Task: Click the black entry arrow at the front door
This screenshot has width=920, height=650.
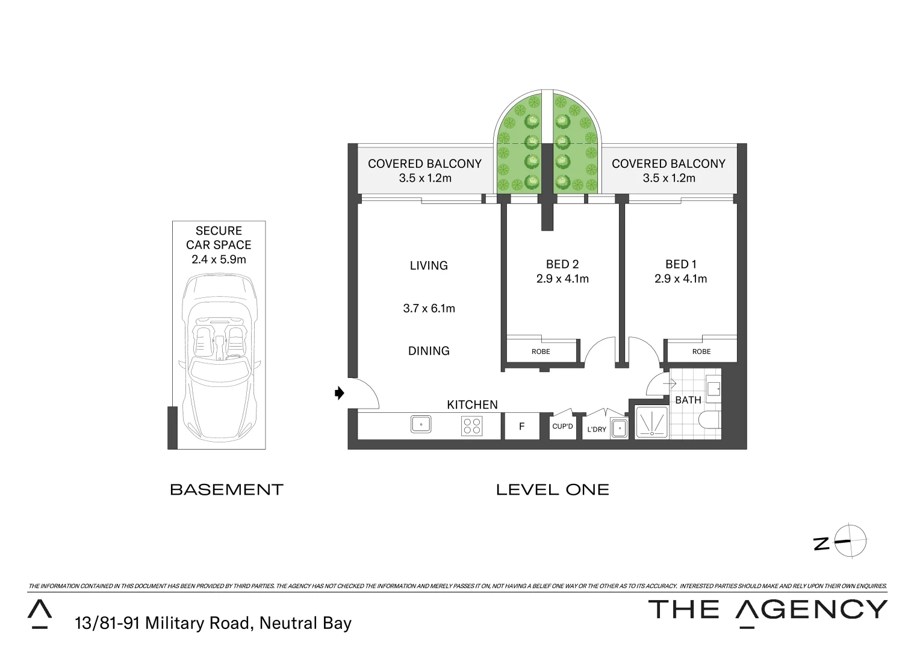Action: pyautogui.click(x=340, y=393)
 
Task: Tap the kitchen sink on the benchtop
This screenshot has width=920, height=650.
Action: pyautogui.click(x=421, y=424)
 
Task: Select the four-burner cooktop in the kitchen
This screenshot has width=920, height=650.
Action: pyautogui.click(x=471, y=426)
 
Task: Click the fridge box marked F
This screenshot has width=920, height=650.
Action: pyautogui.click(x=521, y=426)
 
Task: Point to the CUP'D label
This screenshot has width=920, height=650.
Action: pyautogui.click(x=562, y=426)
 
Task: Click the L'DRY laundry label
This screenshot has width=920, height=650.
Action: pyautogui.click(x=596, y=429)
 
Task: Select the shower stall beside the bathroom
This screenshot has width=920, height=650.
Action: pyautogui.click(x=651, y=422)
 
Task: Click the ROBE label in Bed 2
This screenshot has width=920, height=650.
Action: pyautogui.click(x=541, y=351)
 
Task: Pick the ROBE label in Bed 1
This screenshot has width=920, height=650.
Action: pyautogui.click(x=701, y=351)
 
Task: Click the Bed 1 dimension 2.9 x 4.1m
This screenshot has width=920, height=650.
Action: pyautogui.click(x=680, y=279)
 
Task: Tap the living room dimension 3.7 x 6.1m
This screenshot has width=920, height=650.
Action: pyautogui.click(x=429, y=308)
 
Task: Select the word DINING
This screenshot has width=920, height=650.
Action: pyautogui.click(x=429, y=351)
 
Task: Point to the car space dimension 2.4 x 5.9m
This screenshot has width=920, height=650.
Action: pyautogui.click(x=219, y=259)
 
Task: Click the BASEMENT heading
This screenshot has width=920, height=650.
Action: pyautogui.click(x=226, y=490)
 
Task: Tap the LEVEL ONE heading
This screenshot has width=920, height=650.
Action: pyautogui.click(x=552, y=490)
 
